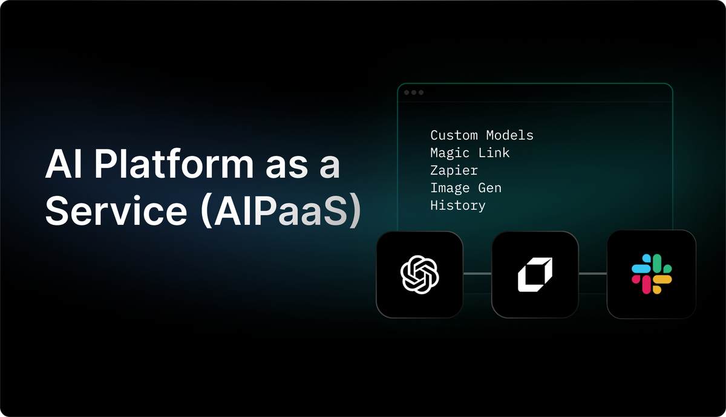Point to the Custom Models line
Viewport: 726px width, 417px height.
point(482,135)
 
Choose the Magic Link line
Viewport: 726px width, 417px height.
point(469,152)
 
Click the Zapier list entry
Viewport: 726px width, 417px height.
point(454,170)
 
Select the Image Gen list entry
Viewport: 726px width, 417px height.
point(465,187)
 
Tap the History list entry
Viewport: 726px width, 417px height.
point(457,205)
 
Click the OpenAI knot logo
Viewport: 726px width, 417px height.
point(420,274)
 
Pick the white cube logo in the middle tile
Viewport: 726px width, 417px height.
point(535,274)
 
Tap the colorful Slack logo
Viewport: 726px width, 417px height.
point(651,274)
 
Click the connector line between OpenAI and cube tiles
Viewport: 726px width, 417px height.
point(477,274)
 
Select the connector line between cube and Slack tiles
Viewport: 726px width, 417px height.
point(593,274)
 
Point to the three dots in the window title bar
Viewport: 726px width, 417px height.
point(414,92)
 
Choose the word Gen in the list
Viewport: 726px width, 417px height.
point(490,187)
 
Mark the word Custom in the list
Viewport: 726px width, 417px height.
point(454,135)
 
